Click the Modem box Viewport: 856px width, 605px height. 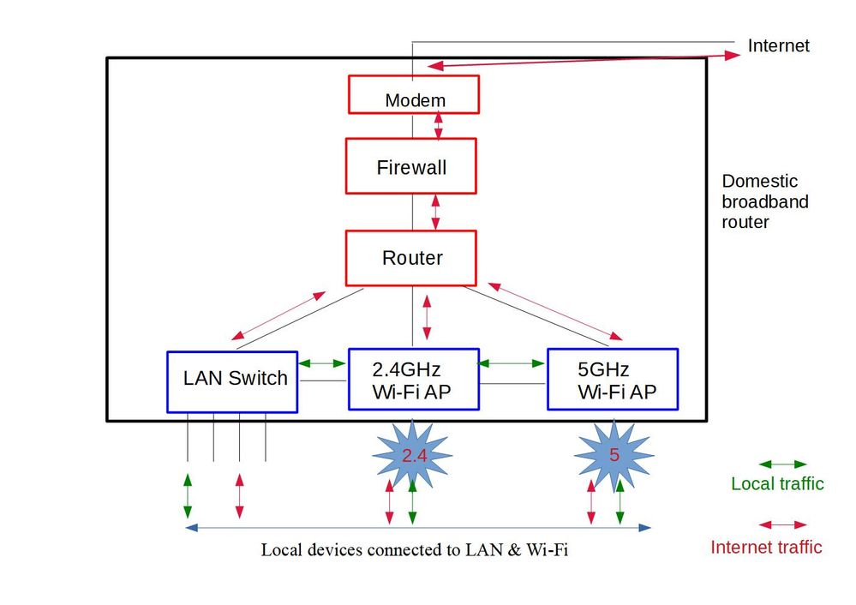tap(413, 94)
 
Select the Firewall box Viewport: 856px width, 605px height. tap(411, 166)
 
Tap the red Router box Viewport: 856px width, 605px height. tap(411, 257)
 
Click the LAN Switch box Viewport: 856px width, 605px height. tap(232, 381)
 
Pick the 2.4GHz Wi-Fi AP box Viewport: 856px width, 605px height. tap(413, 380)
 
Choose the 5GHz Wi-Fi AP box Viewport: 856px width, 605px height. tap(613, 380)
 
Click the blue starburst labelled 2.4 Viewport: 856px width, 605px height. tap(414, 455)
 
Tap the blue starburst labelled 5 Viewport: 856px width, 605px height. tap(614, 453)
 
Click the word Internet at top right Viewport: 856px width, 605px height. tap(778, 46)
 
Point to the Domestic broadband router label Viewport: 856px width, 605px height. tap(764, 201)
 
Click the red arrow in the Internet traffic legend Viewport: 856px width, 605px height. tap(784, 525)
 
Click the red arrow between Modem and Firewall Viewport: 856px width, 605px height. tap(439, 126)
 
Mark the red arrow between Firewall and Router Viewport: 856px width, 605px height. tap(436, 212)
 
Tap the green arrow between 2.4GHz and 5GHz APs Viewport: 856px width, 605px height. tap(512, 363)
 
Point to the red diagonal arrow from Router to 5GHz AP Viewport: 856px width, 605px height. tap(554, 310)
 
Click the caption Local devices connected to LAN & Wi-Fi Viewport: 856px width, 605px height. tap(414, 550)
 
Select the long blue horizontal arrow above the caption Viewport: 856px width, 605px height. tap(418, 527)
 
